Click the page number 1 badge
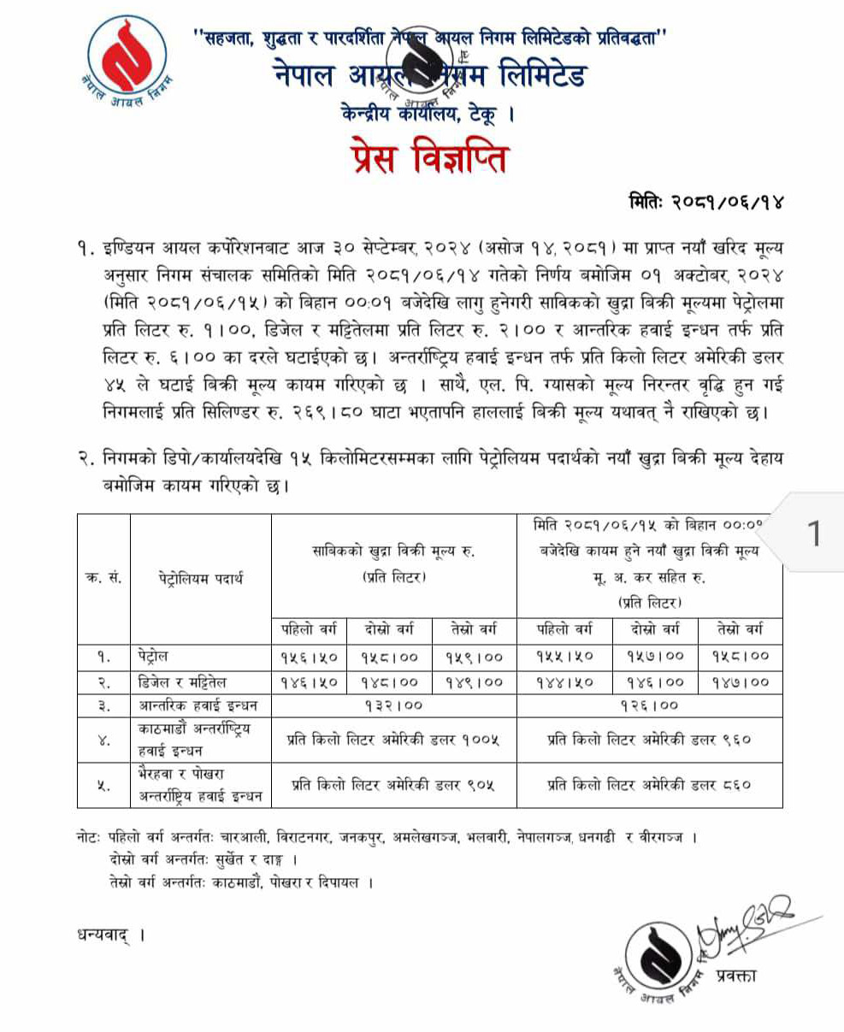[x=814, y=534]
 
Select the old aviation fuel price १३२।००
[x=394, y=705]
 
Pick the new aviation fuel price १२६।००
[x=649, y=705]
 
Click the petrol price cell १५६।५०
[x=309, y=657]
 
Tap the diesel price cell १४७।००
[x=740, y=681]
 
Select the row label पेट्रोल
[x=155, y=657]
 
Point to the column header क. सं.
[x=103, y=579]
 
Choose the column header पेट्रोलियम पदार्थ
[x=201, y=579]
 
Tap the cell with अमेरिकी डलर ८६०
[x=649, y=784]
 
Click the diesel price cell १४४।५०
[x=564, y=681]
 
